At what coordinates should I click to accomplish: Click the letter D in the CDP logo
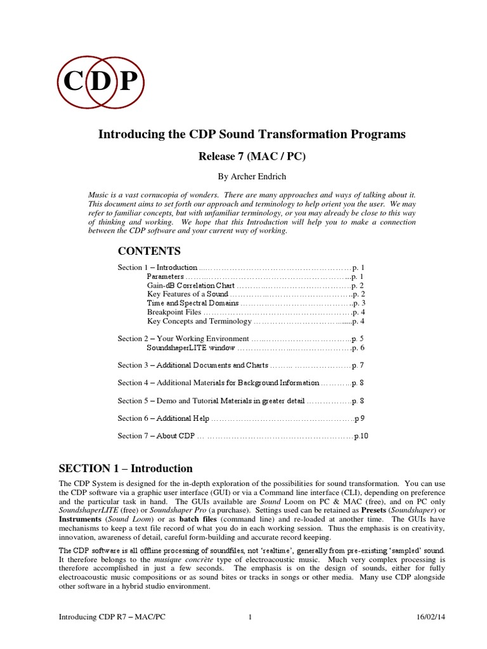(101, 81)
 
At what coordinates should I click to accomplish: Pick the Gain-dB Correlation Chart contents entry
(186, 286)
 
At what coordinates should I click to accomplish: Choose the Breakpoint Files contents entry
(174, 312)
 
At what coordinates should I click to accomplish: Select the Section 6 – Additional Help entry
(163, 418)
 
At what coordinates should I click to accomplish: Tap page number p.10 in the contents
(360, 436)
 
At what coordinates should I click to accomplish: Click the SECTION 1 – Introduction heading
(126, 469)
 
